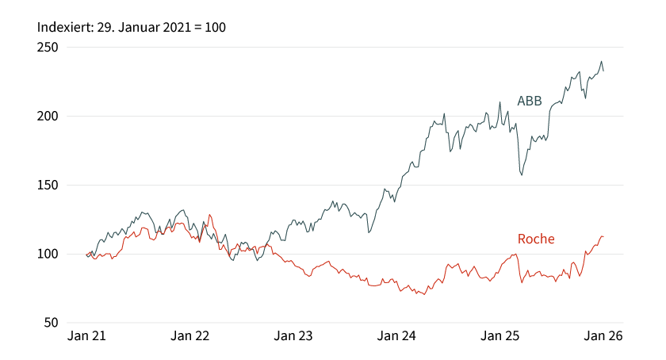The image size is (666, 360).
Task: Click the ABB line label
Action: point(530,101)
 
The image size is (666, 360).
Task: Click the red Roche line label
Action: point(536,239)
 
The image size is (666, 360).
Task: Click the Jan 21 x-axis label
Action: point(86,336)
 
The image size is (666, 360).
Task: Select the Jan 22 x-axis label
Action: point(190,336)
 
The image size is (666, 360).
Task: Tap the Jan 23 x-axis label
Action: point(293,336)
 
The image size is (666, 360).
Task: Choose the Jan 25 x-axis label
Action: point(500,336)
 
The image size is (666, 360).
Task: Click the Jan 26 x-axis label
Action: point(603,336)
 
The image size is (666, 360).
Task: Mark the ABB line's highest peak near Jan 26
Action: point(601,61)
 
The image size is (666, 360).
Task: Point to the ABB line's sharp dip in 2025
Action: point(521,174)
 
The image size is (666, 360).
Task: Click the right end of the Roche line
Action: point(603,236)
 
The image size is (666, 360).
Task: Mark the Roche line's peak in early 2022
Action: point(209,214)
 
